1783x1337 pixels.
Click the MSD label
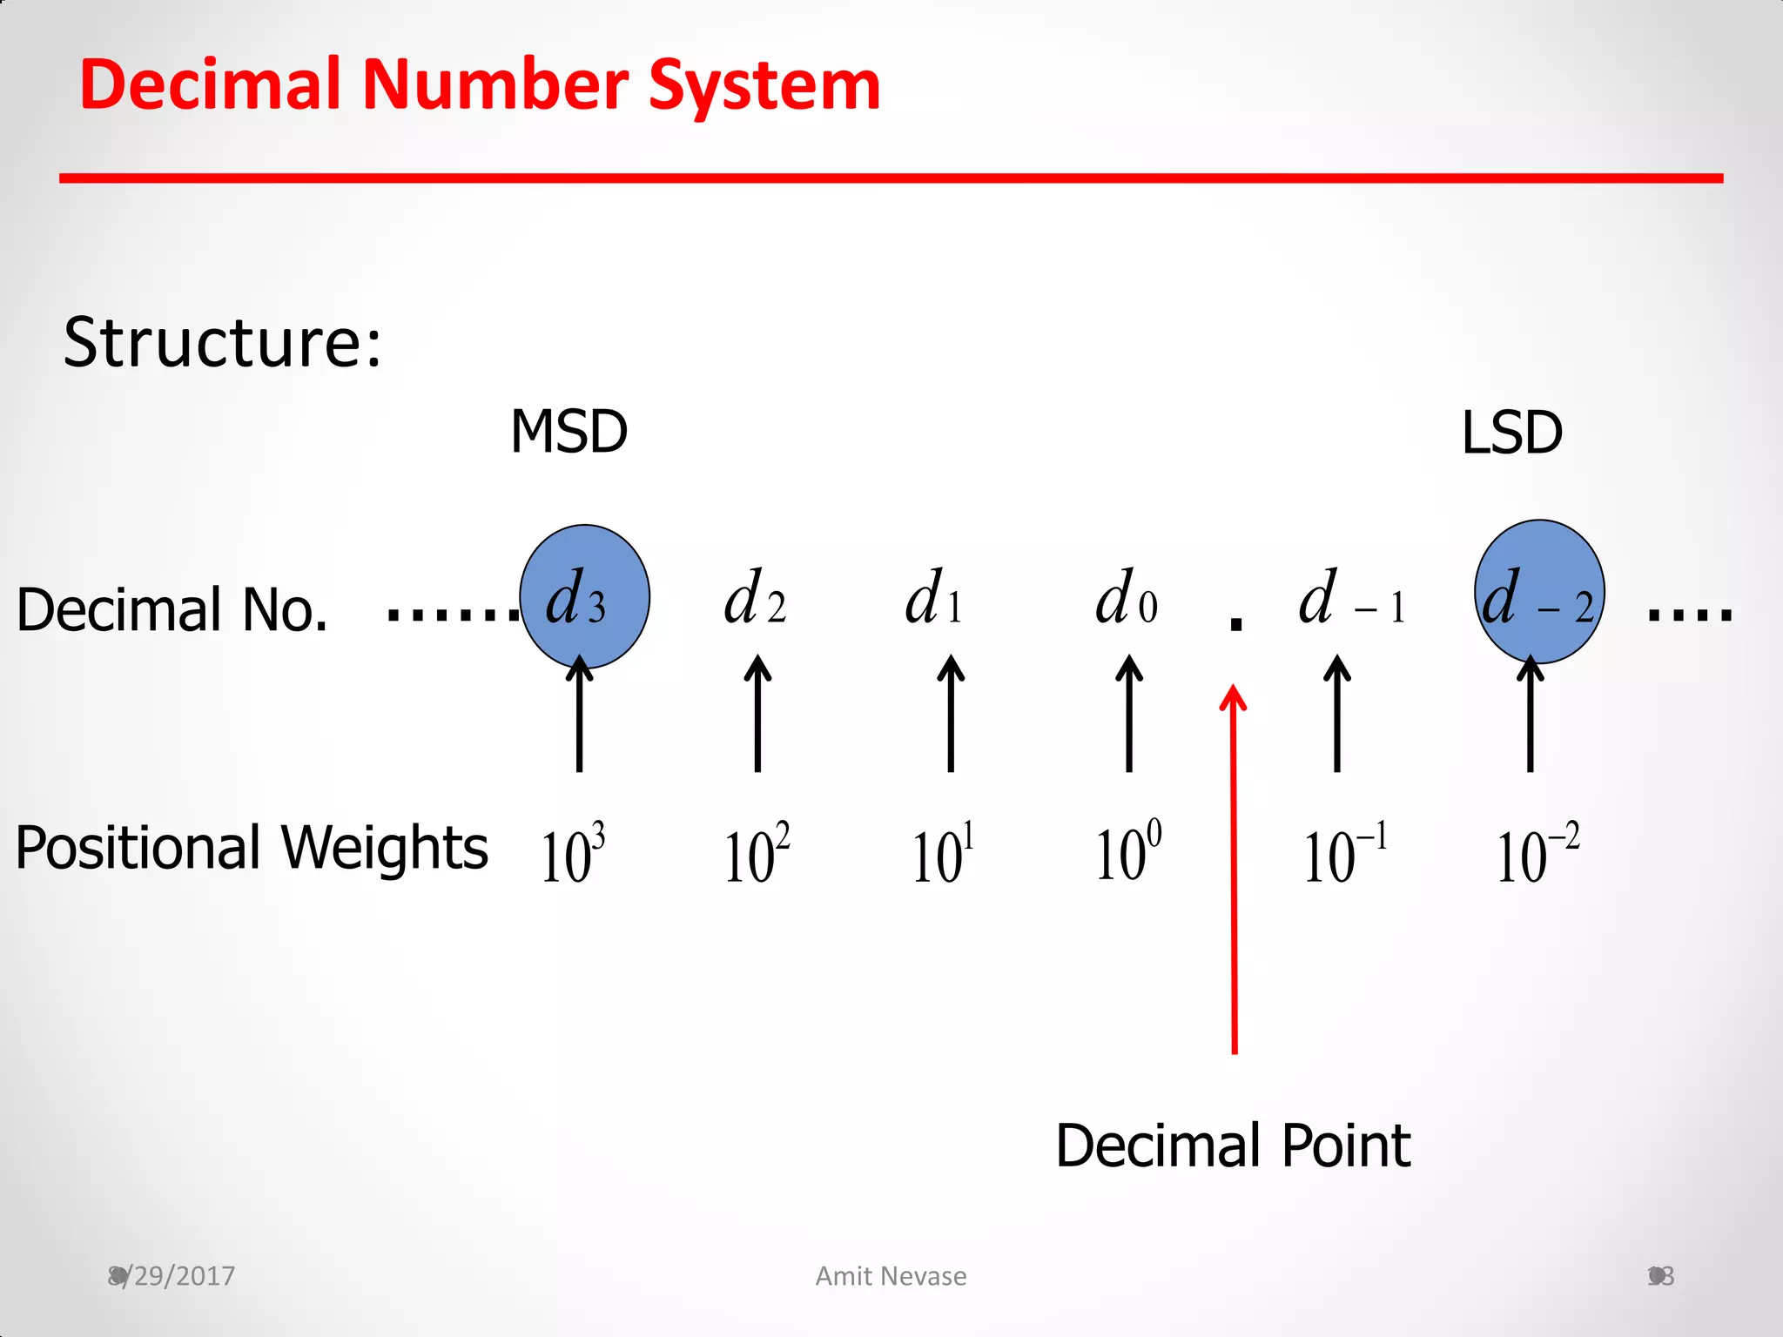pyautogui.click(x=569, y=432)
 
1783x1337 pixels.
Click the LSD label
pyautogui.click(x=1511, y=432)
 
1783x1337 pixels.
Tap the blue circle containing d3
pyautogui.click(x=584, y=596)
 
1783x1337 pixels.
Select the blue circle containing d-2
pyautogui.click(x=1539, y=592)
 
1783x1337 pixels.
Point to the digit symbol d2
pyautogui.click(x=755, y=599)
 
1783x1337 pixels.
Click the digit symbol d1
pyautogui.click(x=933, y=599)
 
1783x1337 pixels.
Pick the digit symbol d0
pyautogui.click(x=1126, y=599)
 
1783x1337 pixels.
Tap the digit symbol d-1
pyautogui.click(x=1350, y=599)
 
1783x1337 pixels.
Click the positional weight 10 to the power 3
pyautogui.click(x=572, y=854)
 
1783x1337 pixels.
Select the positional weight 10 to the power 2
pyautogui.click(x=757, y=854)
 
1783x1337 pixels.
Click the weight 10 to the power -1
pyautogui.click(x=1344, y=854)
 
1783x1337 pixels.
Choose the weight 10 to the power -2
pyautogui.click(x=1537, y=854)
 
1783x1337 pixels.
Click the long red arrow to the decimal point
pyautogui.click(x=1234, y=870)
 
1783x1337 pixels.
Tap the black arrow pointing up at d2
pyautogui.click(x=757, y=714)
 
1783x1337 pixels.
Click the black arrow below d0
pyautogui.click(x=1129, y=714)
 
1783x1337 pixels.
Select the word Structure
pyautogui.click(x=222, y=342)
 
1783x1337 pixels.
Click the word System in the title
pyautogui.click(x=764, y=85)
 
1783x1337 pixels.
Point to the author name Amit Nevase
pyautogui.click(x=891, y=1276)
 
